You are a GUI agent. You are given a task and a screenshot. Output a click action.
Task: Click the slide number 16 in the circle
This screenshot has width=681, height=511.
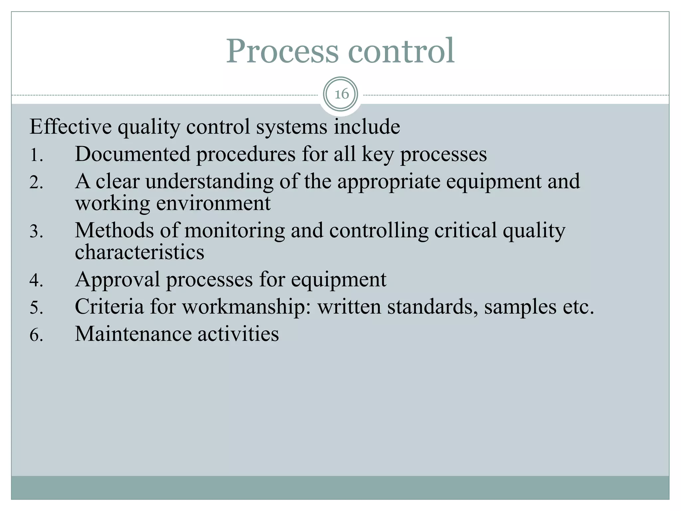pyautogui.click(x=341, y=94)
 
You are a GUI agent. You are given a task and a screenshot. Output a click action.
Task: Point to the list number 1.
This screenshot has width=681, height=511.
pyautogui.click(x=36, y=155)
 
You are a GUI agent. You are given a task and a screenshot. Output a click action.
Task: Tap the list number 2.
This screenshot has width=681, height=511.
pyautogui.click(x=36, y=182)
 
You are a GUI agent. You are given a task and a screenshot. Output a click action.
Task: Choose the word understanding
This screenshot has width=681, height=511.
pyautogui.click(x=209, y=182)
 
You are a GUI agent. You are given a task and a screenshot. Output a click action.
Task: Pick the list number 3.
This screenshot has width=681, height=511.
pyautogui.click(x=36, y=231)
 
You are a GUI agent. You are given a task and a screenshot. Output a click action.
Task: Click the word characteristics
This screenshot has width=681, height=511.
pyautogui.click(x=139, y=252)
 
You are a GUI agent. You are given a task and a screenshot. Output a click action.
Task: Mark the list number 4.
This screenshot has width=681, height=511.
pyautogui.click(x=36, y=280)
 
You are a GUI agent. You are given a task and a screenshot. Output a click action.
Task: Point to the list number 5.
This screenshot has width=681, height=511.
pyautogui.click(x=36, y=307)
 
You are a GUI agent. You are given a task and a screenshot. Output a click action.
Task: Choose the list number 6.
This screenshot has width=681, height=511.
pyautogui.click(x=36, y=335)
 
